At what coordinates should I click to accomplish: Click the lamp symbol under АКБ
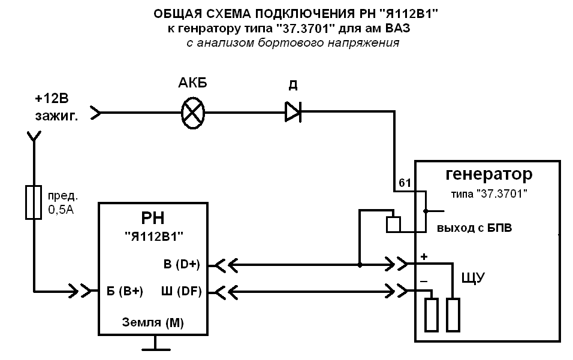click(x=193, y=113)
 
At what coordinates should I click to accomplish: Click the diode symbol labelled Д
click(x=292, y=112)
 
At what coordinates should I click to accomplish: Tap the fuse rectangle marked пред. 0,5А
click(x=35, y=202)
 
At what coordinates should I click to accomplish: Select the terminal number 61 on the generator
click(x=404, y=183)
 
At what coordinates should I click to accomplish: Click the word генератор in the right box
click(x=488, y=175)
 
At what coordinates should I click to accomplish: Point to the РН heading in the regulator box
click(x=154, y=217)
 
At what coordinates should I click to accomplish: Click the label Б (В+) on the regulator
click(x=124, y=292)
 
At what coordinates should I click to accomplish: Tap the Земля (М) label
click(x=153, y=322)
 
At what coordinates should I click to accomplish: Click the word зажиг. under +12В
click(x=57, y=116)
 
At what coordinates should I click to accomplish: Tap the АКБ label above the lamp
click(x=193, y=84)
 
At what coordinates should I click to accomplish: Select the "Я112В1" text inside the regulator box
click(x=154, y=236)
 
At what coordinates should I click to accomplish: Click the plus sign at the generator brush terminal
click(x=424, y=256)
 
